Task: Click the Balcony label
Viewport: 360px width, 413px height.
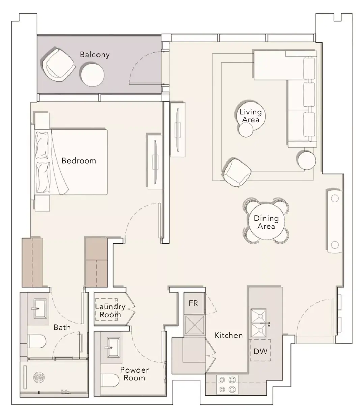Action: pyautogui.click(x=95, y=55)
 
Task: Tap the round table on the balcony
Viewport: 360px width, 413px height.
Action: pyautogui.click(x=92, y=75)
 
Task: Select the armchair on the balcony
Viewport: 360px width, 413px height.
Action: pyautogui.click(x=58, y=65)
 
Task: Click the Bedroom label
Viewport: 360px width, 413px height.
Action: pyautogui.click(x=79, y=161)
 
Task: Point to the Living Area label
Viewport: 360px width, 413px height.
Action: pyautogui.click(x=251, y=116)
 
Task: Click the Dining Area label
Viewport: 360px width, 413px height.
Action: pyautogui.click(x=266, y=222)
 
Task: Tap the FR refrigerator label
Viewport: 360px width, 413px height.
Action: pyautogui.click(x=193, y=303)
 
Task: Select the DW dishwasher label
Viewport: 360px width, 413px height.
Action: pyautogui.click(x=260, y=351)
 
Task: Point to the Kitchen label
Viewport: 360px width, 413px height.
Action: pyautogui.click(x=228, y=335)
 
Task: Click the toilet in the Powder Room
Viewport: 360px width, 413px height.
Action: pyautogui.click(x=110, y=380)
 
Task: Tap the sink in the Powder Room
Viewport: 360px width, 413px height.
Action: pyautogui.click(x=114, y=347)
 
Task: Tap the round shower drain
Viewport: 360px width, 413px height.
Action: pyautogui.click(x=39, y=377)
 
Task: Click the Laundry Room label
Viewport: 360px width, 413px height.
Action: pyautogui.click(x=110, y=311)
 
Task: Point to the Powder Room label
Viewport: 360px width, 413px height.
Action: pyautogui.click(x=135, y=374)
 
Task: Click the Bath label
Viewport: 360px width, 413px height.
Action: pyautogui.click(x=62, y=327)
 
